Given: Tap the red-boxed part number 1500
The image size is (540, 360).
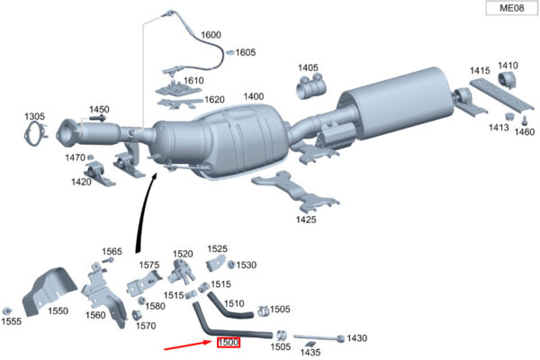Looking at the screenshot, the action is coord(228,343).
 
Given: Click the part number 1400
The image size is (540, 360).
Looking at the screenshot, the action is coord(253,96).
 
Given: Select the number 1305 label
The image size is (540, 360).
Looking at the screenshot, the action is coord(35,117).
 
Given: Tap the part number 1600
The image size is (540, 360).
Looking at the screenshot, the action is coord(210,35).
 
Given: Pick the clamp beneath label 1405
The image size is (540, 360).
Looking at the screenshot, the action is coord(310,87).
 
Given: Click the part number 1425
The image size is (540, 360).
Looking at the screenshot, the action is coord(306,218).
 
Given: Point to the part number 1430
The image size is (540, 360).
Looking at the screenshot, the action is coord(357,338).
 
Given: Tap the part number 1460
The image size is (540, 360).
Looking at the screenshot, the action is coord(525,131).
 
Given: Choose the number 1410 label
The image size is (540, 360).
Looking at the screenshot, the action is coord(508,65).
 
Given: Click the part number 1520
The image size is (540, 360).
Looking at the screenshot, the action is coord(183,255).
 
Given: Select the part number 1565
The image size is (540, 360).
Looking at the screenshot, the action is coord(112,251).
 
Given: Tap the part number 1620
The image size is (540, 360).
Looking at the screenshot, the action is coord(214,100).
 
